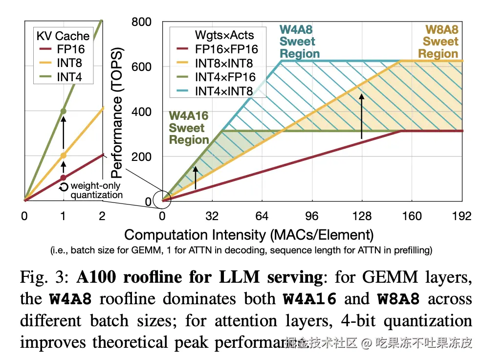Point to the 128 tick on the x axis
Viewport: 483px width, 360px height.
pos(362,216)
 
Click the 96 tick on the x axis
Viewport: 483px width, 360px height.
pos(312,216)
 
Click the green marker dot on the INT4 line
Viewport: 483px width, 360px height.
pos(63,111)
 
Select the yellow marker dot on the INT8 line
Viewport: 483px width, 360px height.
pos(63,156)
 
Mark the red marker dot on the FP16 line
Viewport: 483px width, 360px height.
pos(63,178)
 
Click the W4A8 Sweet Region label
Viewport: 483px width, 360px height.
pos(300,42)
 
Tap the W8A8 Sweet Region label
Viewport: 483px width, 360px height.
pos(440,42)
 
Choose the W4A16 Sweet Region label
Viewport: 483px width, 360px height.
pos(189,128)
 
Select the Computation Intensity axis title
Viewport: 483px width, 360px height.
pos(249,234)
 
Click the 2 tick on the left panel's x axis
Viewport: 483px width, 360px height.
pos(102,216)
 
